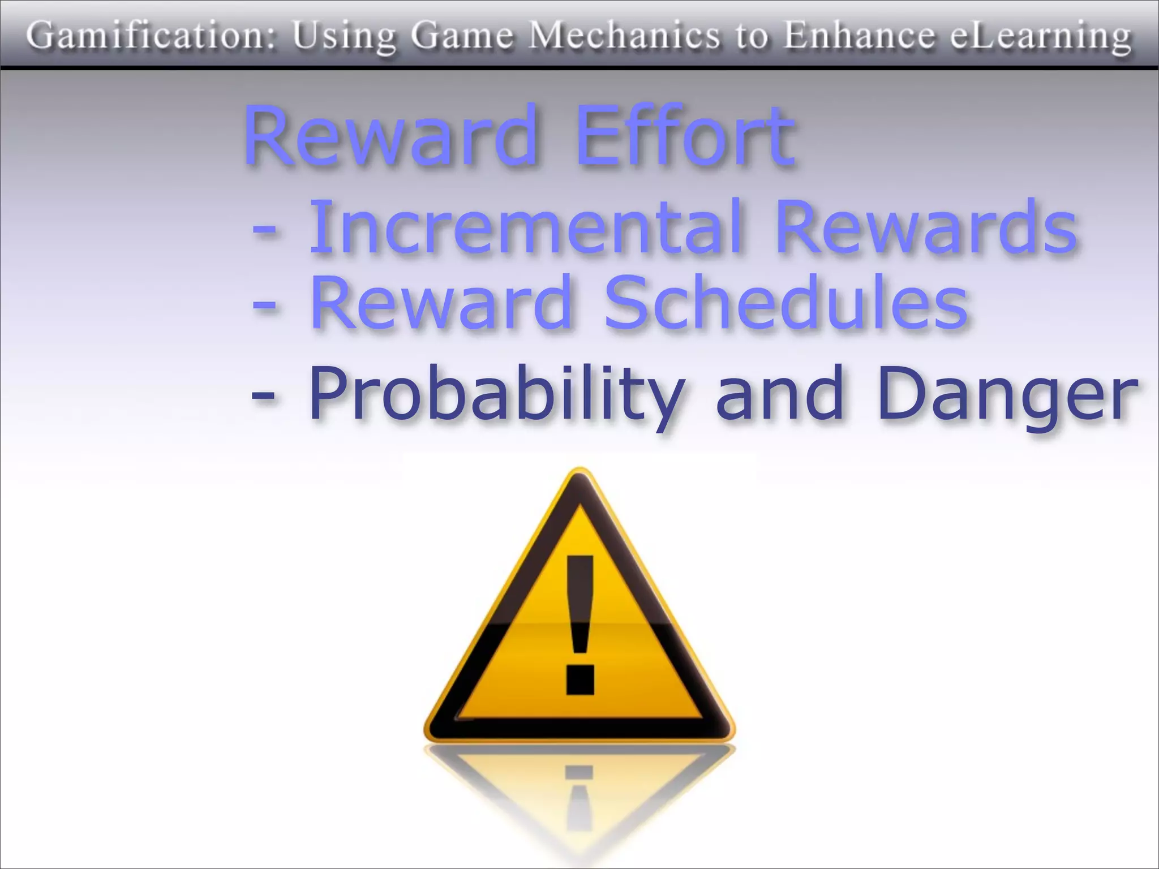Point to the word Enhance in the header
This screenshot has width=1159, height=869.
[858, 36]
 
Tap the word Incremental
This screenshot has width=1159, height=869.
[526, 227]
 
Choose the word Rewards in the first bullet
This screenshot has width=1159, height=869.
[926, 227]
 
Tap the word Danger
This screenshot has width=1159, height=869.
[1007, 394]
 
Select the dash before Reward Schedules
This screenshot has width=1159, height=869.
[264, 306]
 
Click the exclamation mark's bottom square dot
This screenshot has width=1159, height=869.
[579, 679]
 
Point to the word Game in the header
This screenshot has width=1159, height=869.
[462, 36]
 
